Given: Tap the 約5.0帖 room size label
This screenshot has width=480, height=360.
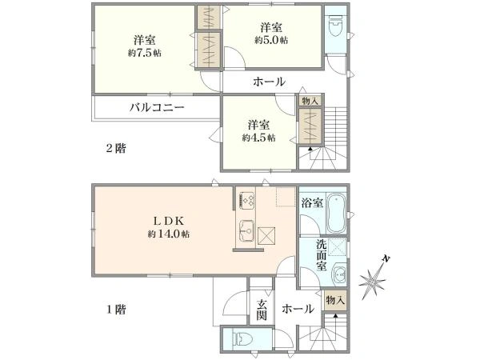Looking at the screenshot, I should [x=272, y=40].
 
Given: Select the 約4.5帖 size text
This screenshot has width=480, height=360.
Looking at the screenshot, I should [x=258, y=138].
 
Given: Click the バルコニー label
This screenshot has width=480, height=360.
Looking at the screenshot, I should [x=158, y=106].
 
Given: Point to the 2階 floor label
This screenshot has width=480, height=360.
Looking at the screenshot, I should [x=117, y=148].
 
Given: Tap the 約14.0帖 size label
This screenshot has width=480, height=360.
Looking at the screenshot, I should [x=168, y=234].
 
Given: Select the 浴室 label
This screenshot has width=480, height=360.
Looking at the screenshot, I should [x=313, y=203].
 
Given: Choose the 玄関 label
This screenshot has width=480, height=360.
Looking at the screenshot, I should [x=262, y=309].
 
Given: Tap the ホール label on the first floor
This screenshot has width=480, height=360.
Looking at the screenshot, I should [x=298, y=308].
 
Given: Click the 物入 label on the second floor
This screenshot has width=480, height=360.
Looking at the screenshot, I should [x=310, y=101].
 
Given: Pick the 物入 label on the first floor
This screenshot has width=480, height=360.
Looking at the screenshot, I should [x=336, y=300].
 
